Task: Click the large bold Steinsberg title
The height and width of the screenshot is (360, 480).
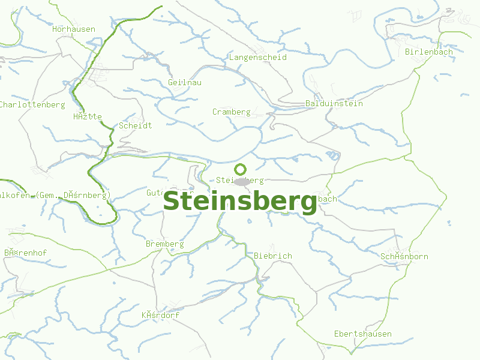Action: click(240, 202)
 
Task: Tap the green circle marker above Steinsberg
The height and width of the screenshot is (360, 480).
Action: click(241, 169)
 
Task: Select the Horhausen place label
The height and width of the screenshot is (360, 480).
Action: click(74, 29)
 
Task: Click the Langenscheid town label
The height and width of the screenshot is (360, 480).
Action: click(258, 58)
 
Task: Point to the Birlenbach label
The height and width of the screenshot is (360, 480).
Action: click(429, 52)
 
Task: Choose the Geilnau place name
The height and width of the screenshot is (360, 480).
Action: click(185, 82)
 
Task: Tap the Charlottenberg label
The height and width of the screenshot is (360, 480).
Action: click(32, 104)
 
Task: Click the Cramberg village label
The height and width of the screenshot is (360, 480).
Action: click(231, 112)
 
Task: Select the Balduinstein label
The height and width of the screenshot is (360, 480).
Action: click(334, 103)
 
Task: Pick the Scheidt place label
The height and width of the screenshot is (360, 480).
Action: click(135, 125)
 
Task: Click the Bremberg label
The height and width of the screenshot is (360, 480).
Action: click(164, 244)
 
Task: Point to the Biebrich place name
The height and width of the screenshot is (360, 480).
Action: click(273, 256)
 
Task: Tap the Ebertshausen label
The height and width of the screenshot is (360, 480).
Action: click(362, 334)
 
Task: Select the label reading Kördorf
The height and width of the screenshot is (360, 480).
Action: click(160, 315)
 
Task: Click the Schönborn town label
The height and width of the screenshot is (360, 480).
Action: click(404, 256)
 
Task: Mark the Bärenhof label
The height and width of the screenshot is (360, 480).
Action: click(25, 253)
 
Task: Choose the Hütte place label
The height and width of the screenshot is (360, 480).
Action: click(88, 116)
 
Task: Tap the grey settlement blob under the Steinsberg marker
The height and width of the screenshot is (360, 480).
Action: click(242, 181)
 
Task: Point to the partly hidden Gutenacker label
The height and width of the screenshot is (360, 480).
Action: click(155, 193)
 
